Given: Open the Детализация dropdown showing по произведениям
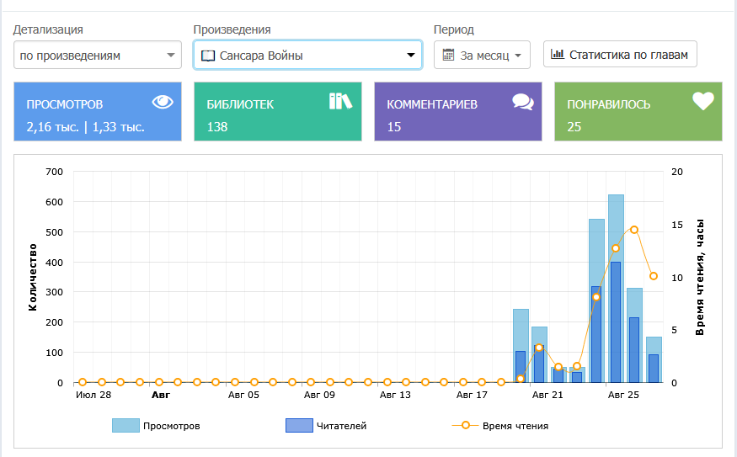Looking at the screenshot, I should (x=98, y=56).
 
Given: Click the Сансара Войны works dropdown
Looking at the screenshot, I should (x=307, y=56).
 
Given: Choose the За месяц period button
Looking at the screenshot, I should (x=482, y=56).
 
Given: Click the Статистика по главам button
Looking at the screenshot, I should (x=620, y=56).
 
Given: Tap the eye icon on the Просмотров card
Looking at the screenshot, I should (x=163, y=102).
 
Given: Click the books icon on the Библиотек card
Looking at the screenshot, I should (x=340, y=101).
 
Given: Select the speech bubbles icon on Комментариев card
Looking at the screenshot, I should (x=523, y=102).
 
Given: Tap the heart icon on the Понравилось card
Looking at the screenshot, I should (x=703, y=101).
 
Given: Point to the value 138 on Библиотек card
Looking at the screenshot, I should (x=217, y=127).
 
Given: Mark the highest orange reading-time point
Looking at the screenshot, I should (x=634, y=230).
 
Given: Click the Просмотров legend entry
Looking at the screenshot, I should (x=156, y=426).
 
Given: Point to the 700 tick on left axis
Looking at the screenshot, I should (x=55, y=172).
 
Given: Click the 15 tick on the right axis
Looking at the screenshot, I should (x=676, y=225).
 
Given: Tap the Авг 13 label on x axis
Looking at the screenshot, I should (x=395, y=395).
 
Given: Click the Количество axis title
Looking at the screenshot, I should (x=33, y=278).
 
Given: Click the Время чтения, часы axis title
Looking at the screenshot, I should (x=700, y=278).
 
